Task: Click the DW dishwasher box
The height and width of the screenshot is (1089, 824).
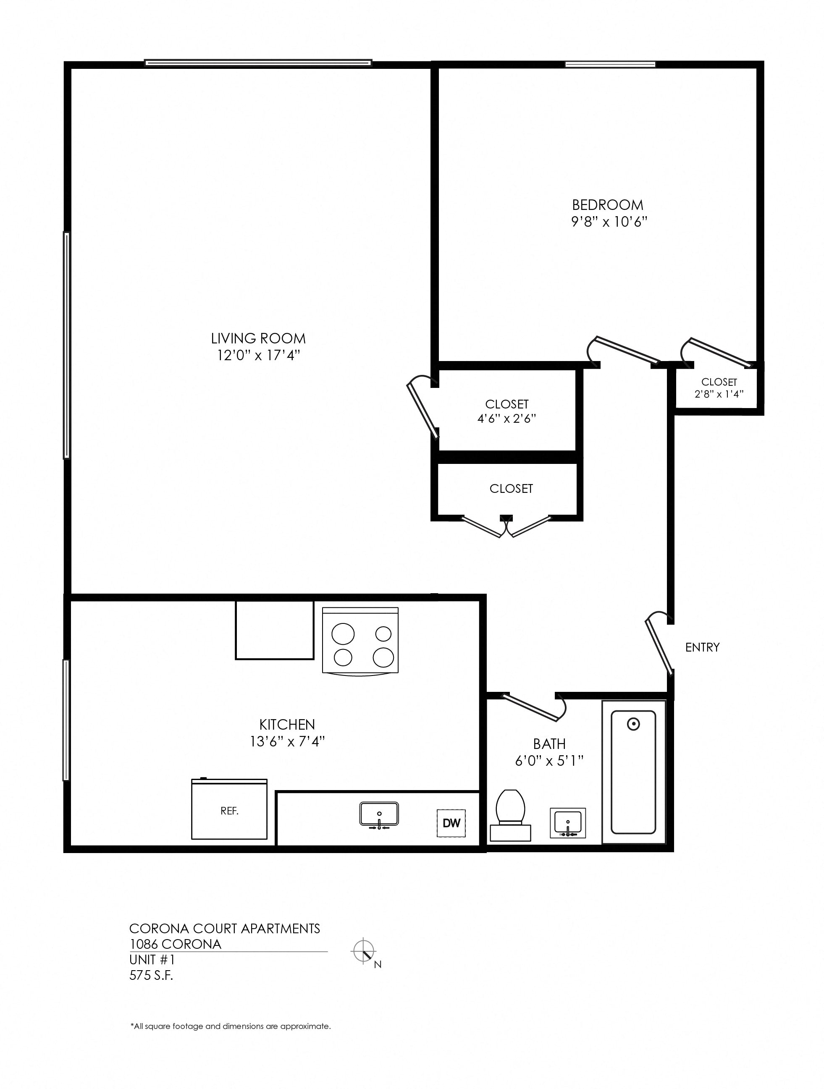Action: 451,823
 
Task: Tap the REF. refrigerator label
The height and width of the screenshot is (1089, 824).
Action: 229,811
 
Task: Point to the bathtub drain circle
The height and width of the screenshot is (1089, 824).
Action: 633,724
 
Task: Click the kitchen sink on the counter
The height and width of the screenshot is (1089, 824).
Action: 379,814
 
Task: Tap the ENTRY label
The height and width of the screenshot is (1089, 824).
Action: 702,647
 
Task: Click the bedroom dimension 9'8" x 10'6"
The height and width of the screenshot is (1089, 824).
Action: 609,222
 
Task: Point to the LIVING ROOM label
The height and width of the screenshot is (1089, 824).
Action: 258,338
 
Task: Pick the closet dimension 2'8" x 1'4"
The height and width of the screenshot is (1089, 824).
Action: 719,394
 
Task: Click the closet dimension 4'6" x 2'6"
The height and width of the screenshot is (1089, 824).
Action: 506,419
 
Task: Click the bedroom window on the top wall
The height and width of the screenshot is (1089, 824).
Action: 610,64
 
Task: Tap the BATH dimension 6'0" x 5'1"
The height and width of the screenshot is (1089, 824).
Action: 549,761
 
